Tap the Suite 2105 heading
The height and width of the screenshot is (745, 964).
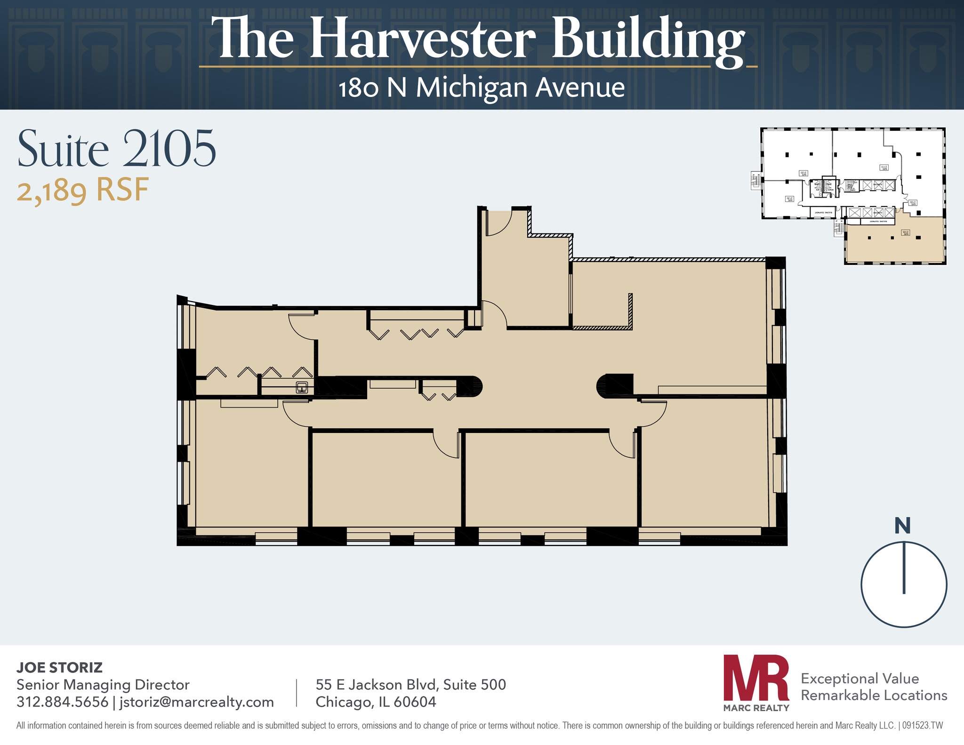pos(117,149)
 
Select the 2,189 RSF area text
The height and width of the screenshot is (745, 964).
pos(83,191)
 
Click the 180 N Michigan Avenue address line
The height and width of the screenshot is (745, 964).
pos(482,88)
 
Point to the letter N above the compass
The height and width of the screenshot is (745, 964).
pos(902,526)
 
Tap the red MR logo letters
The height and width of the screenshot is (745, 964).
pos(756,677)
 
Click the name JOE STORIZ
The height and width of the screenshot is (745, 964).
pos(59,667)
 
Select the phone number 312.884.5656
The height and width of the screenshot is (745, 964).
pos(62,702)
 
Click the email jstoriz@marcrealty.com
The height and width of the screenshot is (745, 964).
pos(197,702)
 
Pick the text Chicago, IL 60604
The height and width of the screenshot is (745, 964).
pos(376,702)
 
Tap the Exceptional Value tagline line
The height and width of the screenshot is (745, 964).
pos(860,678)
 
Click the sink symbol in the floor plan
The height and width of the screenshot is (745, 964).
pos(302,388)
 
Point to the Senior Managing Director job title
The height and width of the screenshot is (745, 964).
pos(103,684)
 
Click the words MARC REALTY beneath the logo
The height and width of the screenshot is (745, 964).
pos(756,707)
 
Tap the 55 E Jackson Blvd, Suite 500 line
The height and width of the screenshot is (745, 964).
pos(410,684)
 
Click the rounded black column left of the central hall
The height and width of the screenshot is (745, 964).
pos(471,387)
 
